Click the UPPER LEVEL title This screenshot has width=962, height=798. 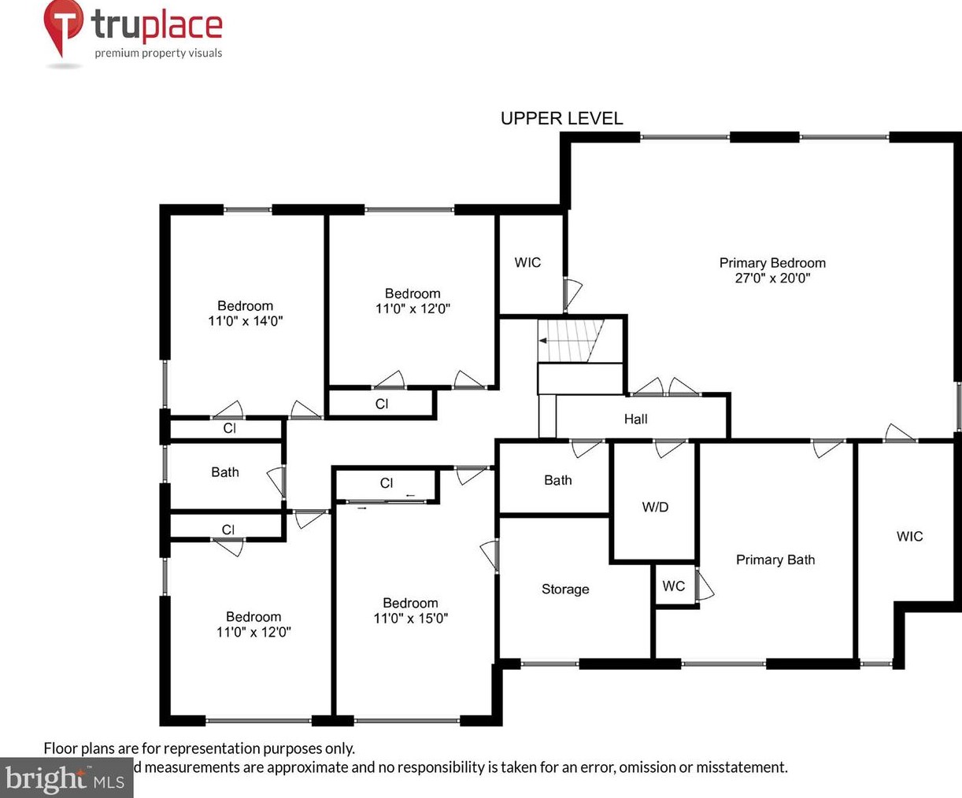pos(561,119)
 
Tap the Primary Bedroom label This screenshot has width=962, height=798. pos(772,263)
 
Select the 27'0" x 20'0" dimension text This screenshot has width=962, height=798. pos(772,278)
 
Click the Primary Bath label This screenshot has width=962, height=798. pos(775,560)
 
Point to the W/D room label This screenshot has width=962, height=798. pos(655,507)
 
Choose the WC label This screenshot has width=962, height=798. pos(673,586)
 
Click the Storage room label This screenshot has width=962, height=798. pos(564,589)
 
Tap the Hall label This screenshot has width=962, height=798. pos(635,419)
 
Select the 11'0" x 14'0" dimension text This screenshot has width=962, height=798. pos(245,321)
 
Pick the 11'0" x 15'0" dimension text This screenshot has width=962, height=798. pos(410,619)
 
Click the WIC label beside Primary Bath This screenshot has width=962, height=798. pos(909,536)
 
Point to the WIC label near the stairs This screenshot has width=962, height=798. pos(527,262)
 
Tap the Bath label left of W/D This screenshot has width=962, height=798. pos(557,480)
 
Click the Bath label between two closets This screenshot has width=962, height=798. pos(224,472)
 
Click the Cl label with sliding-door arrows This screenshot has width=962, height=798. pos(386,483)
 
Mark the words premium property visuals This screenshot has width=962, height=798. pos(158,54)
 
